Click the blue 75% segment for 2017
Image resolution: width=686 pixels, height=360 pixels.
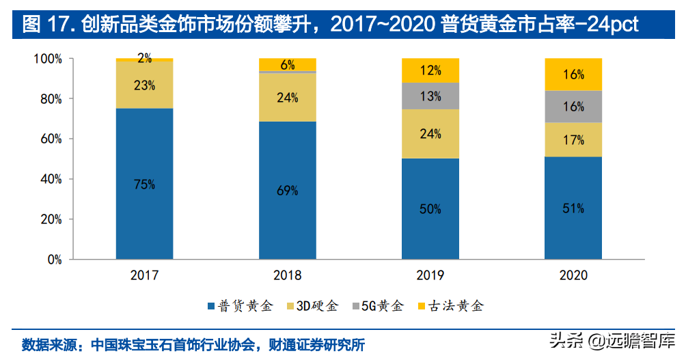(144, 184)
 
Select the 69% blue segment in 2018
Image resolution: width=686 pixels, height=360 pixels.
(287, 191)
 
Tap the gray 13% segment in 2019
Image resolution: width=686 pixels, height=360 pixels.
(430, 96)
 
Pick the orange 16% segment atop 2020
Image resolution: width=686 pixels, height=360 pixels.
(573, 74)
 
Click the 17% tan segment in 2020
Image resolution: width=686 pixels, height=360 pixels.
(573, 140)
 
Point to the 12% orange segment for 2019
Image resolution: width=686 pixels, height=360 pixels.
(430, 70)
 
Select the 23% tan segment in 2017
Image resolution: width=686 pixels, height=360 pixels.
(144, 85)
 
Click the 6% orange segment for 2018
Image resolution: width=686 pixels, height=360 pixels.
(287, 65)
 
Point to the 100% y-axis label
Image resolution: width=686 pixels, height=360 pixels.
(46, 59)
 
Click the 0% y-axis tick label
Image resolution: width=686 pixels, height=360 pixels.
(53, 260)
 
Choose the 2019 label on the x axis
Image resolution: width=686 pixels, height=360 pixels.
(430, 275)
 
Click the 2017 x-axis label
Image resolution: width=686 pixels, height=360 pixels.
(144, 275)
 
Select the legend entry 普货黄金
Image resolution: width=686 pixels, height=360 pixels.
(239, 305)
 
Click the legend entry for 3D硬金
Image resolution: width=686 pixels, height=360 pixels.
(314, 305)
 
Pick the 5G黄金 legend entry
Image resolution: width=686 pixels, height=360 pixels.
(379, 305)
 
